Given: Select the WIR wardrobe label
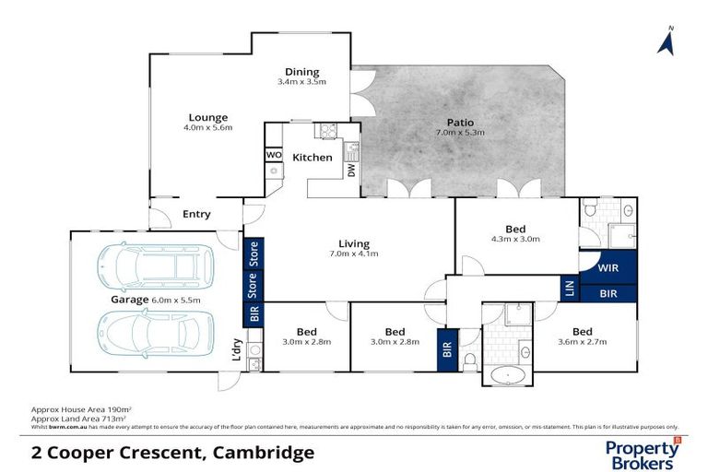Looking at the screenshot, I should [x=607, y=268].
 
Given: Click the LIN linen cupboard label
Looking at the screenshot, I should [x=569, y=289].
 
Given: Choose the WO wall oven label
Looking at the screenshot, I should [x=274, y=155].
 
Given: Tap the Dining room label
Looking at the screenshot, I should [x=301, y=72].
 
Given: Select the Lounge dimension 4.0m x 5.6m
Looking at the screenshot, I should [x=207, y=128].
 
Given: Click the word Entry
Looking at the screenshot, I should [x=196, y=214].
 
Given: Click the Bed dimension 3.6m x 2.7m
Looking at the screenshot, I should [x=582, y=342].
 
